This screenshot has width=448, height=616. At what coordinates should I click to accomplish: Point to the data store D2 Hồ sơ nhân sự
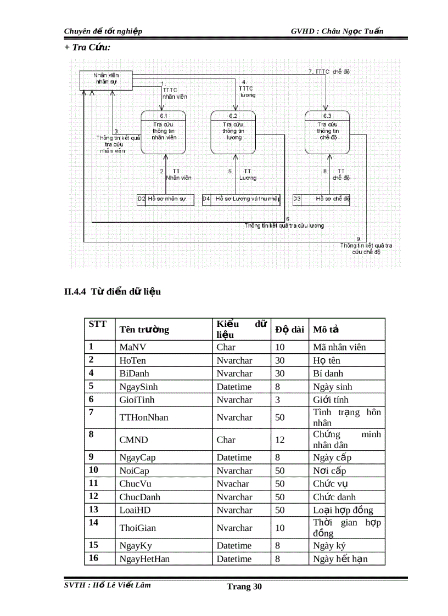pyautogui.click(x=166, y=199)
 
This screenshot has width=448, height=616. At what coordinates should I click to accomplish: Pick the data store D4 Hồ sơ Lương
pyautogui.click(x=242, y=199)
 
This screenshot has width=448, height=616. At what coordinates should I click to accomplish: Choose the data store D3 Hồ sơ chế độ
pyautogui.click(x=322, y=199)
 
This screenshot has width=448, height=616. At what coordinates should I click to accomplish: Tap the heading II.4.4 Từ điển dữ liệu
pyautogui.click(x=113, y=291)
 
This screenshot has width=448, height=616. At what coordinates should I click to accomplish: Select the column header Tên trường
pyautogui.click(x=144, y=330)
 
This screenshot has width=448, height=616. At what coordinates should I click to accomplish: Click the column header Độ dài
pyautogui.click(x=289, y=330)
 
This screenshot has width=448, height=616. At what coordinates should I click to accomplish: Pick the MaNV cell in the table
pyautogui.click(x=132, y=347)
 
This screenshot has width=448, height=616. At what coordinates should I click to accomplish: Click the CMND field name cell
pyautogui.click(x=132, y=439)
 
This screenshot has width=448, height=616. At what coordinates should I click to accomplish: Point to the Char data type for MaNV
pyautogui.click(x=226, y=347)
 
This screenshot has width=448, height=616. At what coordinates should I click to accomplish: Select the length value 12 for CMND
pyautogui.click(x=280, y=439)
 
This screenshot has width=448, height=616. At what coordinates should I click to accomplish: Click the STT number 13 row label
pyautogui.click(x=93, y=510)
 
